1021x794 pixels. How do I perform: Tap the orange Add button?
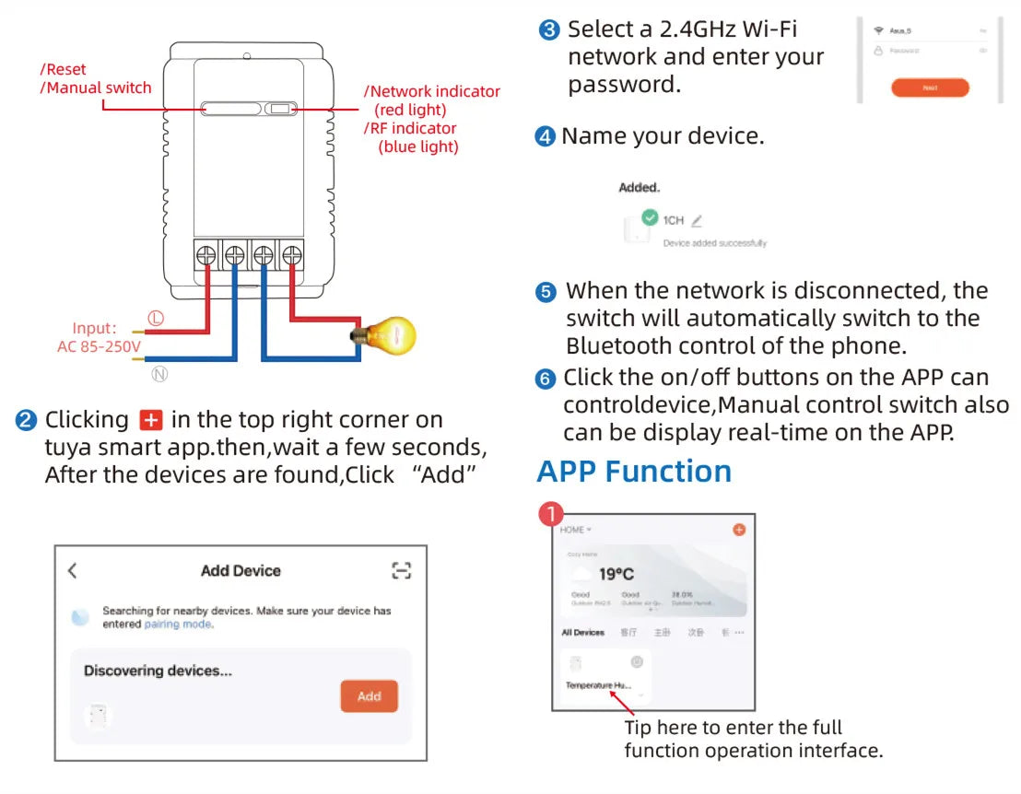click(369, 696)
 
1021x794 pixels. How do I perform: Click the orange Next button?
click(930, 88)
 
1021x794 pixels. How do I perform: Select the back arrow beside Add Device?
click(73, 571)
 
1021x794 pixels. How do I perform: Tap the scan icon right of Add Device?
click(401, 571)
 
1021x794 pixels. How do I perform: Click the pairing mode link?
click(178, 625)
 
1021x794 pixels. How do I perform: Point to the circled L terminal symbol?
click(156, 318)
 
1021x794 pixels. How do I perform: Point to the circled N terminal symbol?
click(159, 374)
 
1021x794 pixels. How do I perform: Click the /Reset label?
click(64, 70)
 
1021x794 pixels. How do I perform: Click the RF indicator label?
click(411, 128)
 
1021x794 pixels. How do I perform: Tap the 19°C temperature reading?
click(616, 574)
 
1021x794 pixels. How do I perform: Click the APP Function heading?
click(634, 472)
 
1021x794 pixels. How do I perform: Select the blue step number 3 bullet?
click(549, 30)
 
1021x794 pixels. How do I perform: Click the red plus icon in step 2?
click(150, 421)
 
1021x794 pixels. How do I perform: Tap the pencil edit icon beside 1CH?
click(697, 221)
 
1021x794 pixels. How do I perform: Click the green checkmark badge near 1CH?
click(651, 217)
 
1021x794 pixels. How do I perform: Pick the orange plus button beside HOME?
click(738, 530)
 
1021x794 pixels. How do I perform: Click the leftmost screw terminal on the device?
click(206, 254)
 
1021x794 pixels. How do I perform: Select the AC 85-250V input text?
click(99, 346)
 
